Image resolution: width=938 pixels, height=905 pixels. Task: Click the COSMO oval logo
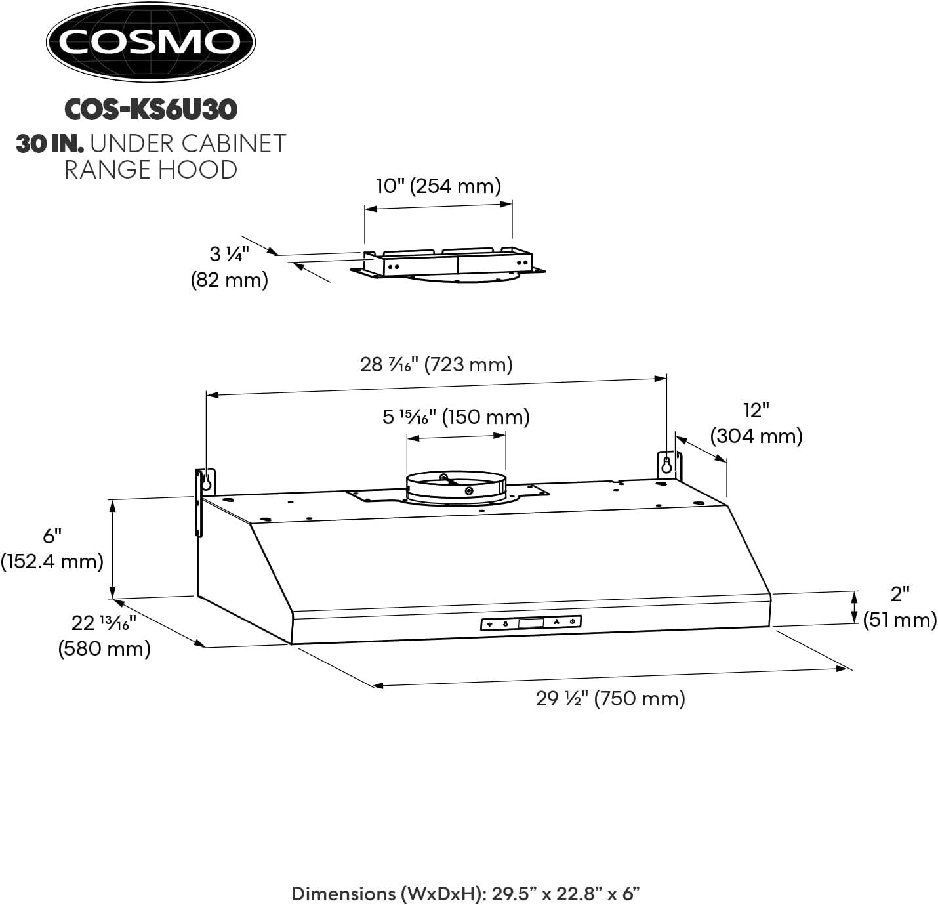(150, 43)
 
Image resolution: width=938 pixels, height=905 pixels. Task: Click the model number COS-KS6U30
(150, 110)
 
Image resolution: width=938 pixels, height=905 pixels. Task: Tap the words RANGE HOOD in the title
(150, 169)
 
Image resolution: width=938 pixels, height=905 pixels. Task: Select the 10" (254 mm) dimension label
(438, 186)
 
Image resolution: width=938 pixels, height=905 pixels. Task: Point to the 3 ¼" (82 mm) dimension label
(229, 266)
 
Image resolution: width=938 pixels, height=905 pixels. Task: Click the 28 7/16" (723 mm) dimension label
(436, 364)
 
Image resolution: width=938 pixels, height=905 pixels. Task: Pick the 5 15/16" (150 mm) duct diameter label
(456, 417)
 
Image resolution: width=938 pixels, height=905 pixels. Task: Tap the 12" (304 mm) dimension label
(756, 423)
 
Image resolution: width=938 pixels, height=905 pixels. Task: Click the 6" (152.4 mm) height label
(52, 549)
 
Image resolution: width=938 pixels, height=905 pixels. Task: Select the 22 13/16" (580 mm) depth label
(104, 635)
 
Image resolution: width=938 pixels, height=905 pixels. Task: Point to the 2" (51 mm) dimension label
(899, 607)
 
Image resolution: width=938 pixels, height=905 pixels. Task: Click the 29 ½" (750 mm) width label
(610, 698)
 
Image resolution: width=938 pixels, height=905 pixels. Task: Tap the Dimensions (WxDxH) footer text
(465, 893)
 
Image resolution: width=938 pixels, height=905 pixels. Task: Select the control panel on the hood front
(531, 623)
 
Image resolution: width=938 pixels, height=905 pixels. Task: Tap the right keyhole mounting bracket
(668, 465)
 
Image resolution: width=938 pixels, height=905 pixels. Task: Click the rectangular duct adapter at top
(449, 263)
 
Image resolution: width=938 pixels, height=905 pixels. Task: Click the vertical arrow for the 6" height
(113, 548)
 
